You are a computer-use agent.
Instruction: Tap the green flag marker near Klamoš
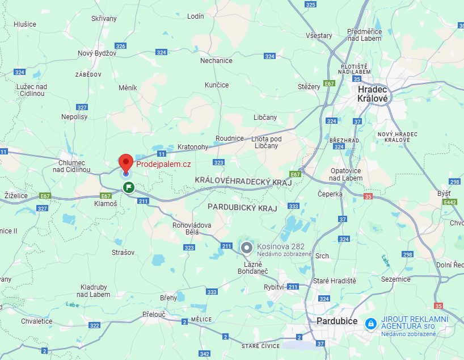pos(129,186)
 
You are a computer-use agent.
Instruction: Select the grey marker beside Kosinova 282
pos(247,248)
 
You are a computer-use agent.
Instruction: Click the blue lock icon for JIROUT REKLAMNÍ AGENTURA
pos(370,323)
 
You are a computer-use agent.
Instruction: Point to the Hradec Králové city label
pos(373,94)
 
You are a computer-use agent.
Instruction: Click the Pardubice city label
pos(337,321)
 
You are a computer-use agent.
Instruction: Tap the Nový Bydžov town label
pos(97,53)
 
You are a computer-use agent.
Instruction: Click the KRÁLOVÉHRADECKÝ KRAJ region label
pos(243,180)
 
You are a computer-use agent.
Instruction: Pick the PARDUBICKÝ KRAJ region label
pos(242,208)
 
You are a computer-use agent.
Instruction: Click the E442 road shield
pos(450,202)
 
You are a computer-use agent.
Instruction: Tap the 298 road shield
pos(454,182)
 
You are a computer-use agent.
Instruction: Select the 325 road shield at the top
pos(310,5)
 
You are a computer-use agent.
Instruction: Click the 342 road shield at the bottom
pos(204,353)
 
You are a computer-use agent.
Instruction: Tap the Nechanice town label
pos(216,61)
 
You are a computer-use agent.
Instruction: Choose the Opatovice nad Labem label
pos(346,174)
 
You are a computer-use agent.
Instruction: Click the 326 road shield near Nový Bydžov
pos(120,46)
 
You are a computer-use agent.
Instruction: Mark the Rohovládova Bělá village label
pos(192,229)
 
